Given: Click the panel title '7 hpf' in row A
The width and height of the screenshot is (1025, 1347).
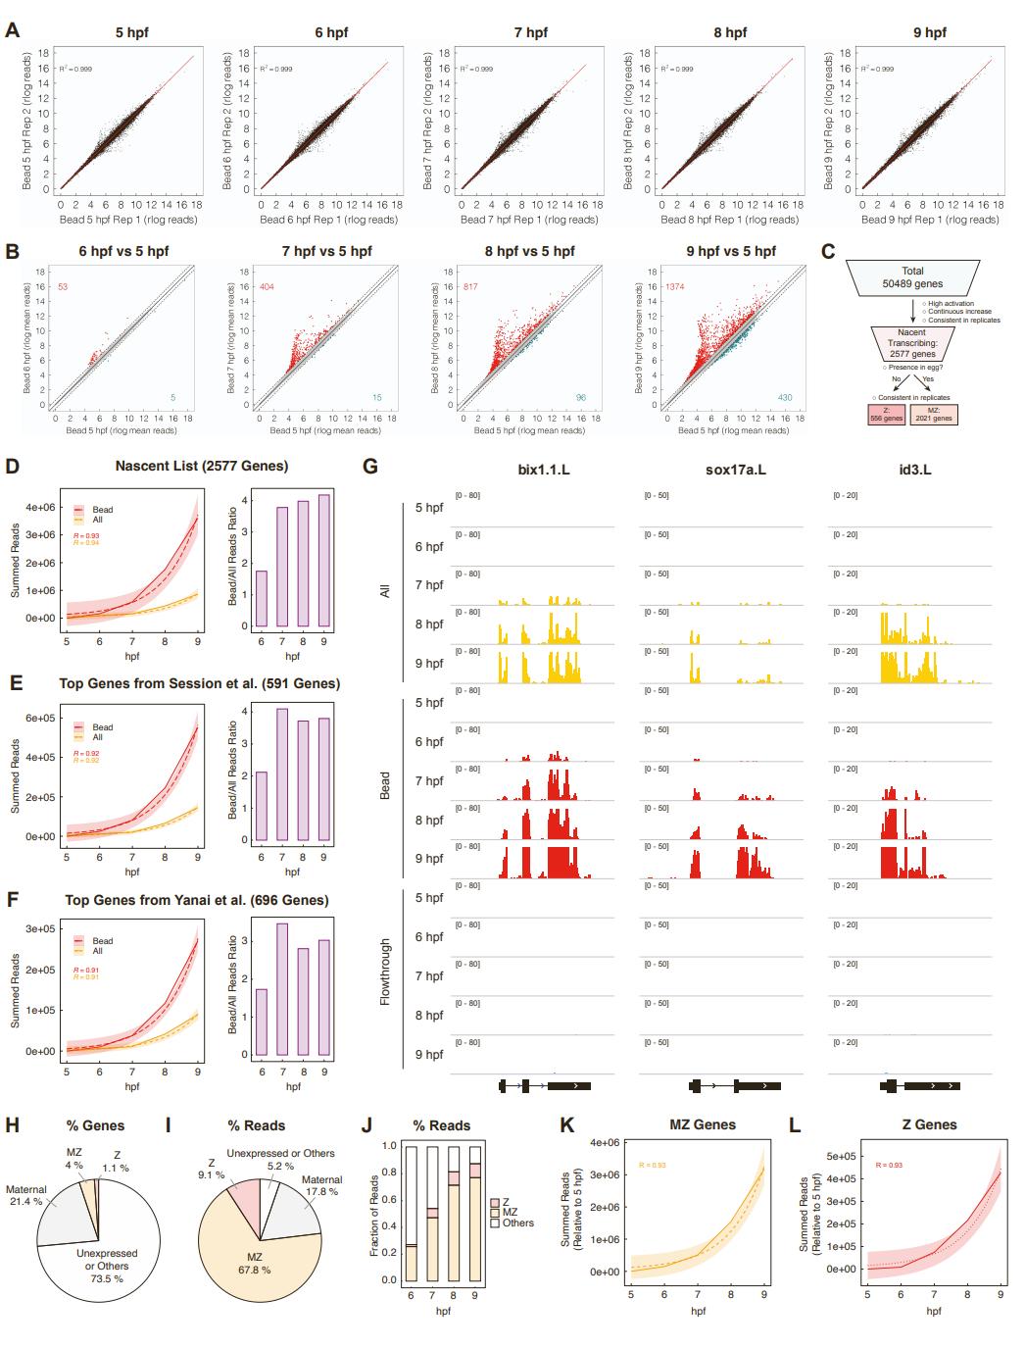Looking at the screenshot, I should tap(530, 32).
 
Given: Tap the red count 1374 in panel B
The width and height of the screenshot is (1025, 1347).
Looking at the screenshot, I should tap(675, 286).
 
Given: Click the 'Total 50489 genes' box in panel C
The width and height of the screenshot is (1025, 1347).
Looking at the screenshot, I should tap(911, 276).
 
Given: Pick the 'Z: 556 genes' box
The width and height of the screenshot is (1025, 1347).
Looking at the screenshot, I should tap(887, 417).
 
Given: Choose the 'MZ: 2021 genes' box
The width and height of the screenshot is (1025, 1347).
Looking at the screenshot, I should tap(934, 417).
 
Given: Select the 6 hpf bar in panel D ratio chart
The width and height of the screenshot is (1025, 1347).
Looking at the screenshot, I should tap(261, 598).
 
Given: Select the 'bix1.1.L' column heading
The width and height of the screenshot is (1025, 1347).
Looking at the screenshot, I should tap(544, 470).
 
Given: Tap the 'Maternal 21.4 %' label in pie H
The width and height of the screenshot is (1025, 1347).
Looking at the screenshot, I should tap(25, 1195).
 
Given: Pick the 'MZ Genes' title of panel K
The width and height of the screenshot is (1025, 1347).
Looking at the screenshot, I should tap(702, 1124).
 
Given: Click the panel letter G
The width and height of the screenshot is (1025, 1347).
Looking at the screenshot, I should tap(370, 467).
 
